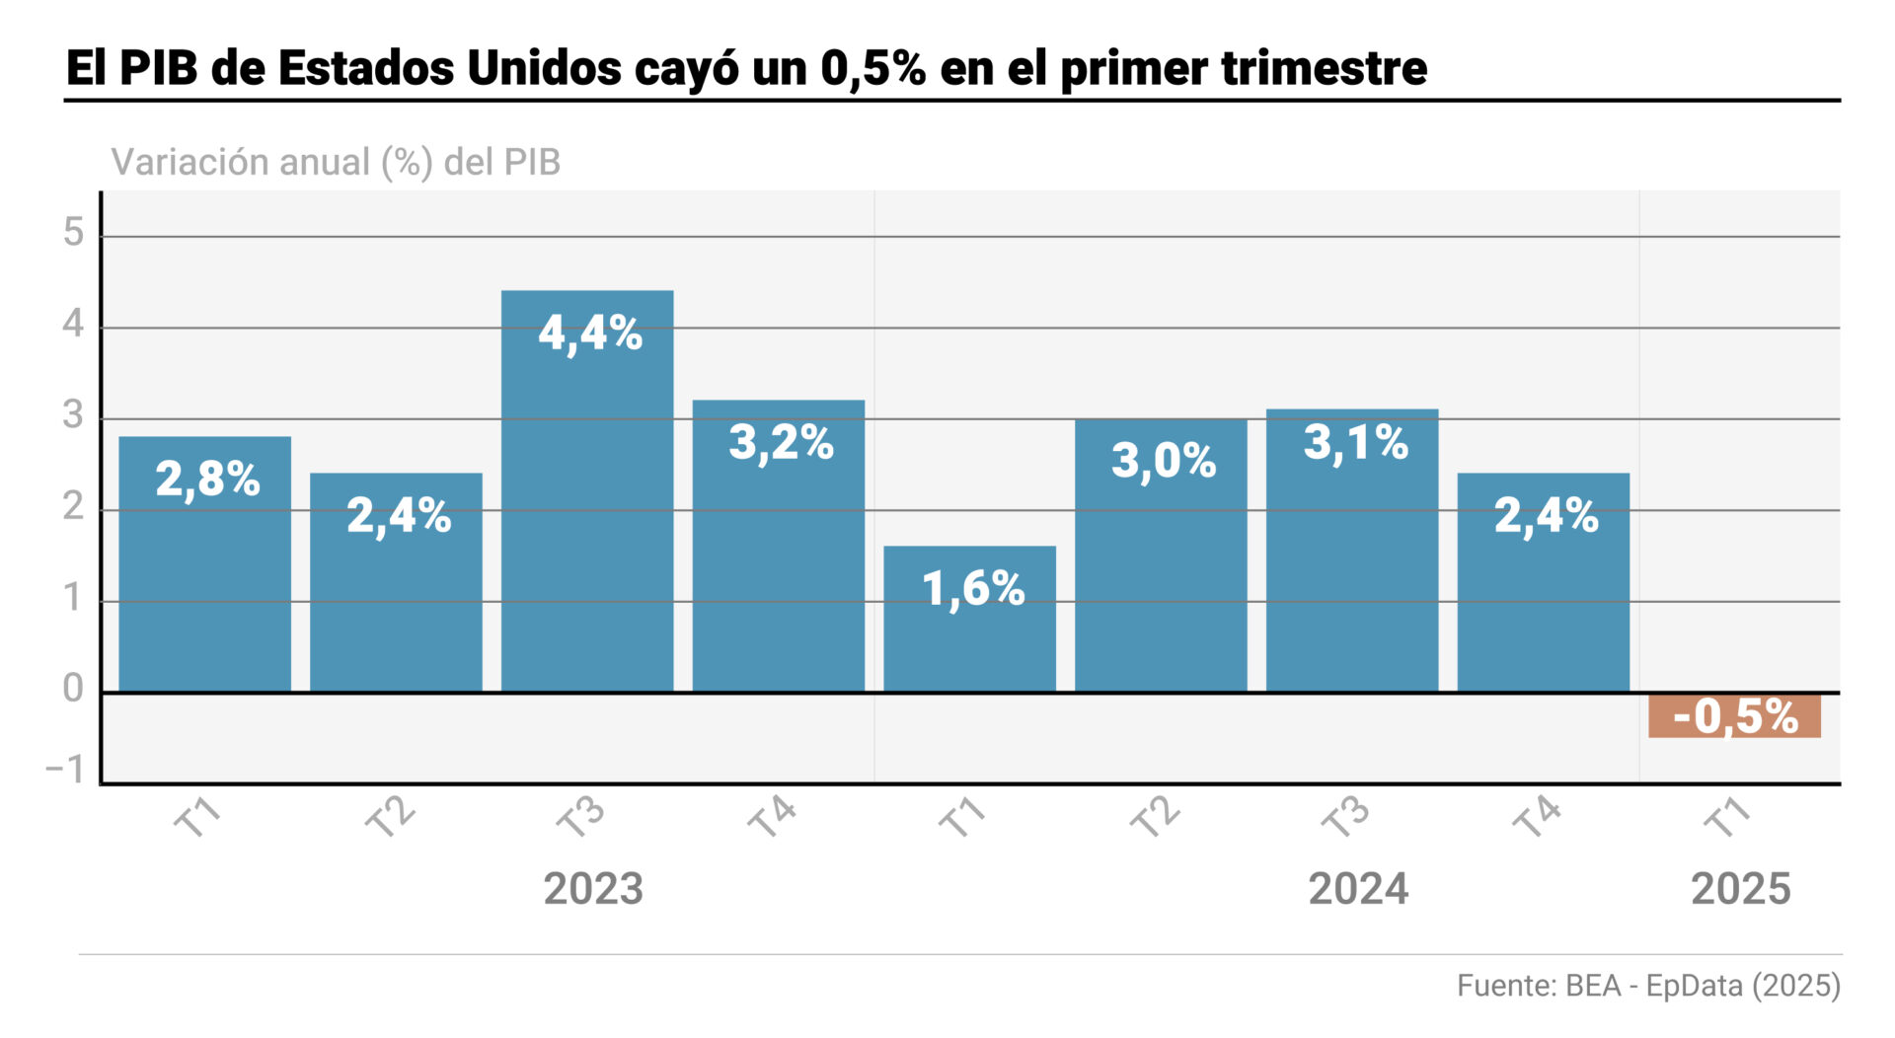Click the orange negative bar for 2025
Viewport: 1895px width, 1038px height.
click(1734, 715)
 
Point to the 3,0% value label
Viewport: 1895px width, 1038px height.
click(1164, 460)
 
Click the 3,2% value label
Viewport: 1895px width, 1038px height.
click(781, 442)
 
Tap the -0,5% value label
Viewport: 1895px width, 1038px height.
click(1735, 716)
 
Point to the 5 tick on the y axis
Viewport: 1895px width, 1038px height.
click(74, 233)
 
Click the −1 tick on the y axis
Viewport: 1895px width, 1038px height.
click(65, 770)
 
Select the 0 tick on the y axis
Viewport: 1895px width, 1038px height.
click(73, 689)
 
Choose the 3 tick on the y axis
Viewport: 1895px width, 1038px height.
click(73, 415)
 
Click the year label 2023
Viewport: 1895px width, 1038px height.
click(593, 889)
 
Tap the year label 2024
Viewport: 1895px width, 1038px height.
click(1358, 889)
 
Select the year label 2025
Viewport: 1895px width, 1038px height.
click(1740, 889)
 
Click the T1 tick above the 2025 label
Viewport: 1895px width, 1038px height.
click(1727, 818)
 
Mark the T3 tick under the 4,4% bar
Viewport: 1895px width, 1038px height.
click(579, 818)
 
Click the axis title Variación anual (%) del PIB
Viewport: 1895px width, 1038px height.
click(336, 162)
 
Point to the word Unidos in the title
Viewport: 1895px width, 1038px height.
click(543, 68)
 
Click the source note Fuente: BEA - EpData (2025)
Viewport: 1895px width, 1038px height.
click(1648, 986)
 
